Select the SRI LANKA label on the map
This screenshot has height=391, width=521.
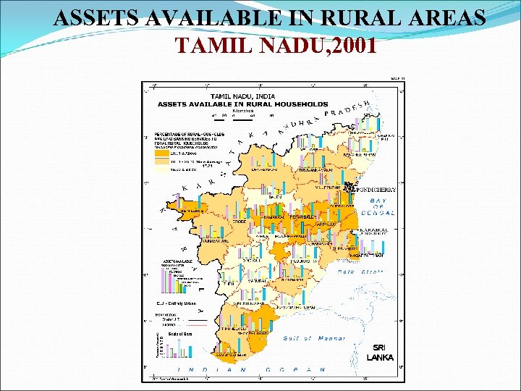tap(380, 353)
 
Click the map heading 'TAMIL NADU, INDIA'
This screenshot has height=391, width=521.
tap(242, 96)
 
